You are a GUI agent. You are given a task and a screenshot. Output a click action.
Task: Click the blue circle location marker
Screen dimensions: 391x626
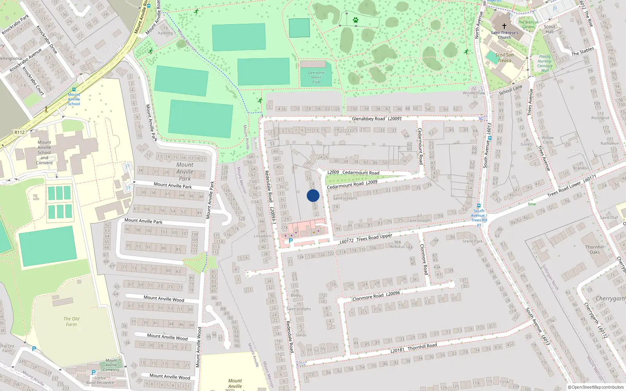click(x=313, y=195)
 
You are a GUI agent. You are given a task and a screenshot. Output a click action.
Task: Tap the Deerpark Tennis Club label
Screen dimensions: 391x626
click(x=316, y=77)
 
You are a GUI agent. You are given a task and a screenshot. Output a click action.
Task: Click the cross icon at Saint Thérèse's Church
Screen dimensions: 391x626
click(x=504, y=26)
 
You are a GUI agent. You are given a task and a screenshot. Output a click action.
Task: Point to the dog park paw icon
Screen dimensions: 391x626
click(x=355, y=20)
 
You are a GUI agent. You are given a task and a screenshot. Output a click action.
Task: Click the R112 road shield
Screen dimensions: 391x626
click(x=20, y=132)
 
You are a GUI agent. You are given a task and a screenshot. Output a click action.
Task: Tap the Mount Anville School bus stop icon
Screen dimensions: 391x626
click(x=74, y=90)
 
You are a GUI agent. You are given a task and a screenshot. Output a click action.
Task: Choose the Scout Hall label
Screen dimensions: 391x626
click(x=549, y=29)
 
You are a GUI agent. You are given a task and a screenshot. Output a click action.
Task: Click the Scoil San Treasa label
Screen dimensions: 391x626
click(x=504, y=58)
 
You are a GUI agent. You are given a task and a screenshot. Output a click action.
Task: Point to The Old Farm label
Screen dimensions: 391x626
click(x=71, y=321)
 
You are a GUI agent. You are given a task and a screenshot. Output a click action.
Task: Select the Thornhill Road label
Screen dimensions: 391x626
click(x=422, y=346)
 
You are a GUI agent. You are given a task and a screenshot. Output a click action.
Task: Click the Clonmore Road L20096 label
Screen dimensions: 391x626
click(x=376, y=296)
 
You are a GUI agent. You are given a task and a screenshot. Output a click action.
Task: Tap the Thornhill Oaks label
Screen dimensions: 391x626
click(x=595, y=249)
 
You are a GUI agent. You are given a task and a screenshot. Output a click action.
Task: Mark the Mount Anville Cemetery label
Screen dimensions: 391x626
click(x=112, y=365)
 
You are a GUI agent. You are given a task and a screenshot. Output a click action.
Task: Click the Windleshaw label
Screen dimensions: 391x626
click(x=473, y=93)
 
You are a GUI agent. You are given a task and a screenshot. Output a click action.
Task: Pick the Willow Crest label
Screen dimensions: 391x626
click(x=548, y=140)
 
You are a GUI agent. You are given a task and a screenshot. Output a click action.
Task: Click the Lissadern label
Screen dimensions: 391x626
click(x=262, y=236)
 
